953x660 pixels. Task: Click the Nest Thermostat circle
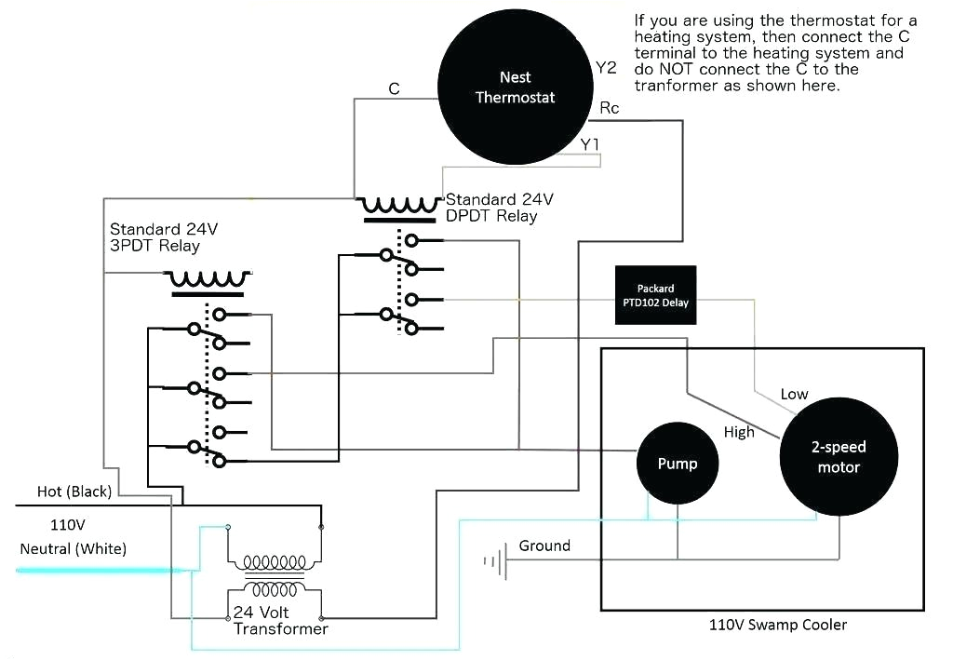tap(515, 88)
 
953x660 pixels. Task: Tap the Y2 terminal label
tap(606, 67)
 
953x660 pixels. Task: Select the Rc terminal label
tap(610, 109)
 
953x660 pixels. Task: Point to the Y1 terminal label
tap(590, 144)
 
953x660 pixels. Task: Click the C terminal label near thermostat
tap(394, 88)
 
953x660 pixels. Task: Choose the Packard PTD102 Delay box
tap(655, 295)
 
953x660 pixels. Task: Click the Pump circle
tap(677, 463)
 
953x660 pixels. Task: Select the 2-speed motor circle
tap(839, 457)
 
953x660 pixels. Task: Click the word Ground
tap(544, 546)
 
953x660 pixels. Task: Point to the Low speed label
tap(794, 394)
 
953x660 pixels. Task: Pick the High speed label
tap(739, 432)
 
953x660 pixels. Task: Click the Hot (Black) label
tap(74, 491)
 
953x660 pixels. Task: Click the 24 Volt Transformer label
tap(280, 621)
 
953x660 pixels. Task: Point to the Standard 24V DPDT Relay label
tap(500, 208)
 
